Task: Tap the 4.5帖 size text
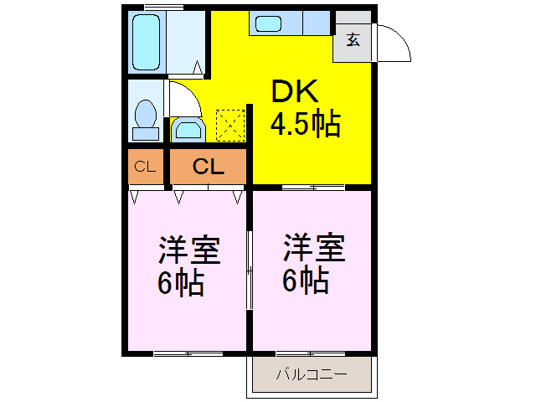click(x=304, y=125)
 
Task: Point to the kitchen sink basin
click(x=269, y=24)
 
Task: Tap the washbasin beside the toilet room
click(x=188, y=131)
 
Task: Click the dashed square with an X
click(x=229, y=125)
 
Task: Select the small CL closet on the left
click(x=145, y=167)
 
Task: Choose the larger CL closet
click(x=208, y=167)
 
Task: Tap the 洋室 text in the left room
click(x=189, y=252)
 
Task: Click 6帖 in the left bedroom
click(x=180, y=283)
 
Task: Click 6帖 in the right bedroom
click(x=304, y=281)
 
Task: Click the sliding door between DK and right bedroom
click(x=312, y=185)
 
